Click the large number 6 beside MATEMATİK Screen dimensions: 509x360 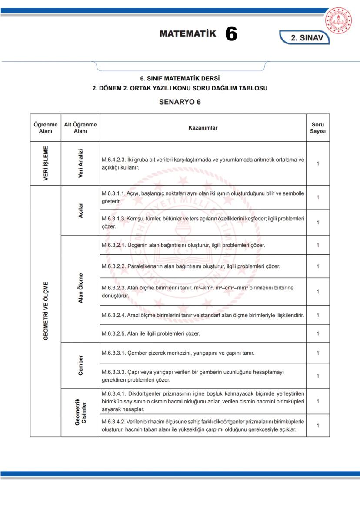231,34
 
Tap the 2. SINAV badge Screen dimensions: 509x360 307,38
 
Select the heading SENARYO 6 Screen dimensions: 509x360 180,103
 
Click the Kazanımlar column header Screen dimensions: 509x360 203,128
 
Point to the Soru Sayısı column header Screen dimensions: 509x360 317,128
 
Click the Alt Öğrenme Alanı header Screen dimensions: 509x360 80,128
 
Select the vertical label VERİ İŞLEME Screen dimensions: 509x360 46,163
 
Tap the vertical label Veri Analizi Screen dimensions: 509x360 80,163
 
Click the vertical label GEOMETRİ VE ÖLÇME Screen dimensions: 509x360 46,311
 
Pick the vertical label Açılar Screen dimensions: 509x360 80,210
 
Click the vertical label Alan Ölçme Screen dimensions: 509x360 80,288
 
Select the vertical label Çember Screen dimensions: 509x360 80,365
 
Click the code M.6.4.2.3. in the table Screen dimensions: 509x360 114,160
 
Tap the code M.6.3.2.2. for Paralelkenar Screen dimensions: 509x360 114,266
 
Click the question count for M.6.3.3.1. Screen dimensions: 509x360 317,353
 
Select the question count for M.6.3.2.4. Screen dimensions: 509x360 317,315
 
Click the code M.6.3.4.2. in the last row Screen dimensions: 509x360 114,422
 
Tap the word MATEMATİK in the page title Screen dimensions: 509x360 187,34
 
